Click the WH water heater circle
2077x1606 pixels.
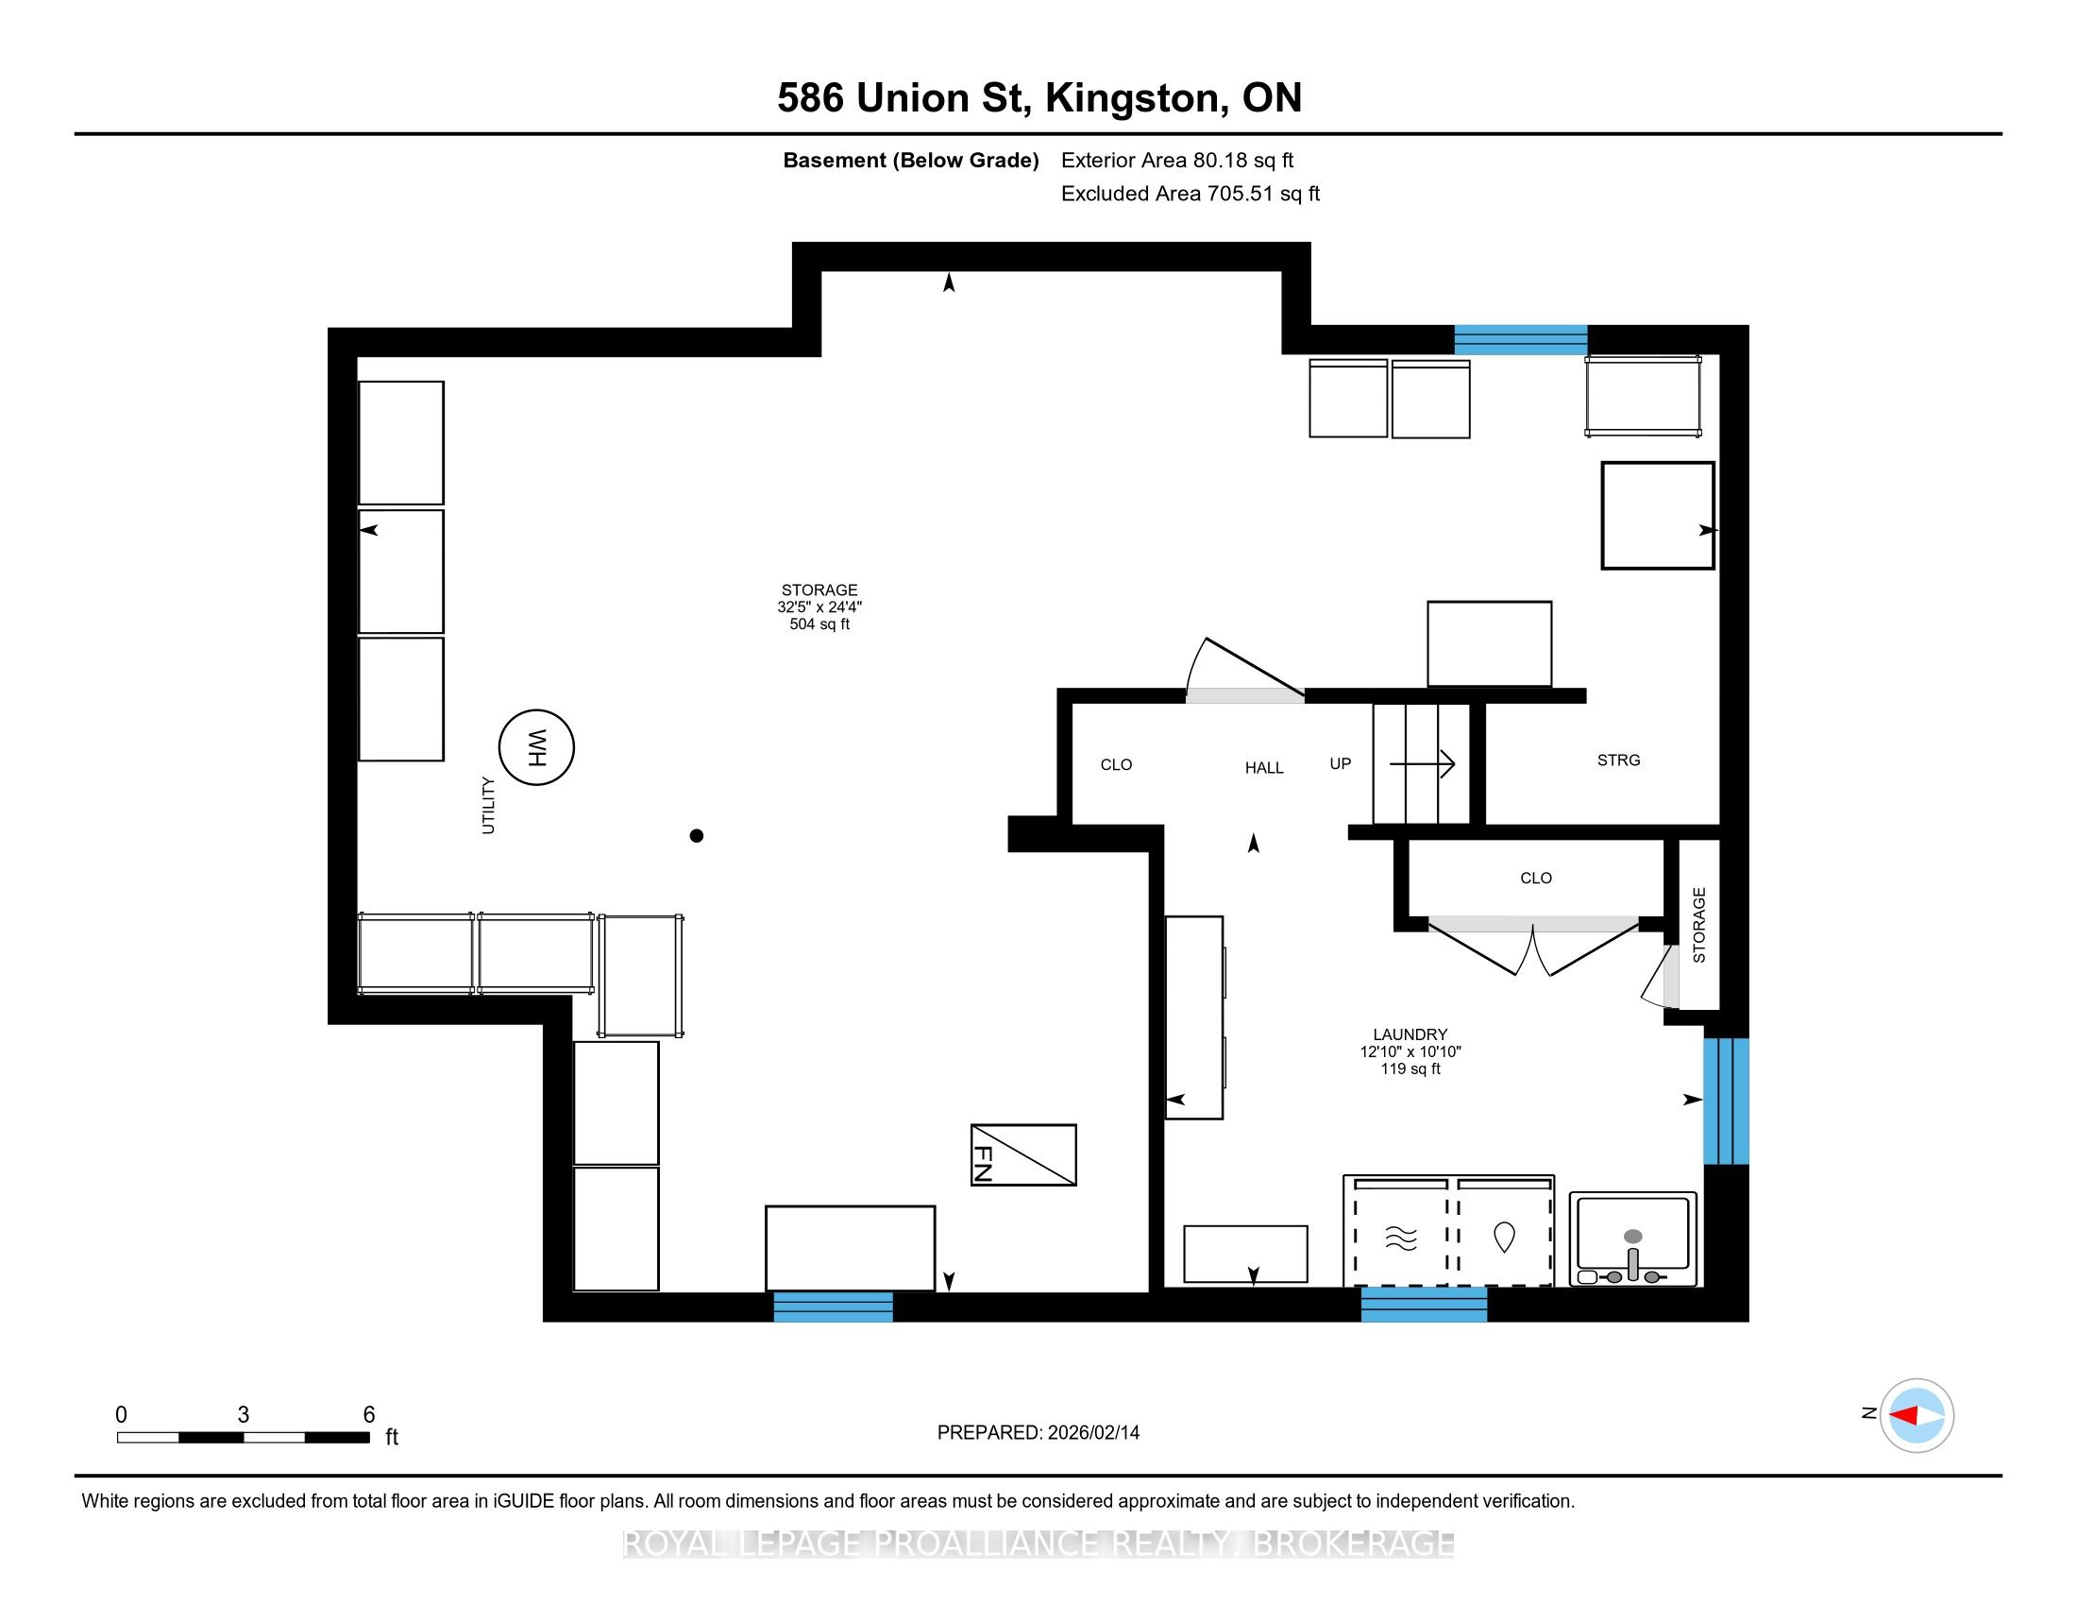536,747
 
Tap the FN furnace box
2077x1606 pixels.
1023,1155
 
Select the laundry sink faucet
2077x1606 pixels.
1633,1259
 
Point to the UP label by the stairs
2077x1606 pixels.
1340,763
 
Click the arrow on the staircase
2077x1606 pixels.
1422,763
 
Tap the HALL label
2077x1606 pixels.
1264,768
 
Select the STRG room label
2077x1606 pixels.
1618,760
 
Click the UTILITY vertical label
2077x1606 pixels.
489,805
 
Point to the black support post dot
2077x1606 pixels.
696,835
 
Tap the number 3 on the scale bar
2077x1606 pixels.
244,1415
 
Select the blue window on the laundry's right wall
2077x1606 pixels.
1726,1101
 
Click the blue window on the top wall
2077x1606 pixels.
1521,340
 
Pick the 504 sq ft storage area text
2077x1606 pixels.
819,624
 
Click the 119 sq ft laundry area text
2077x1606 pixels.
1410,1068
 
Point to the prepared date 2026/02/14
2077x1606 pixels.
1091,1433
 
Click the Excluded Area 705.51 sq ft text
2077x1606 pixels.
1190,194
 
